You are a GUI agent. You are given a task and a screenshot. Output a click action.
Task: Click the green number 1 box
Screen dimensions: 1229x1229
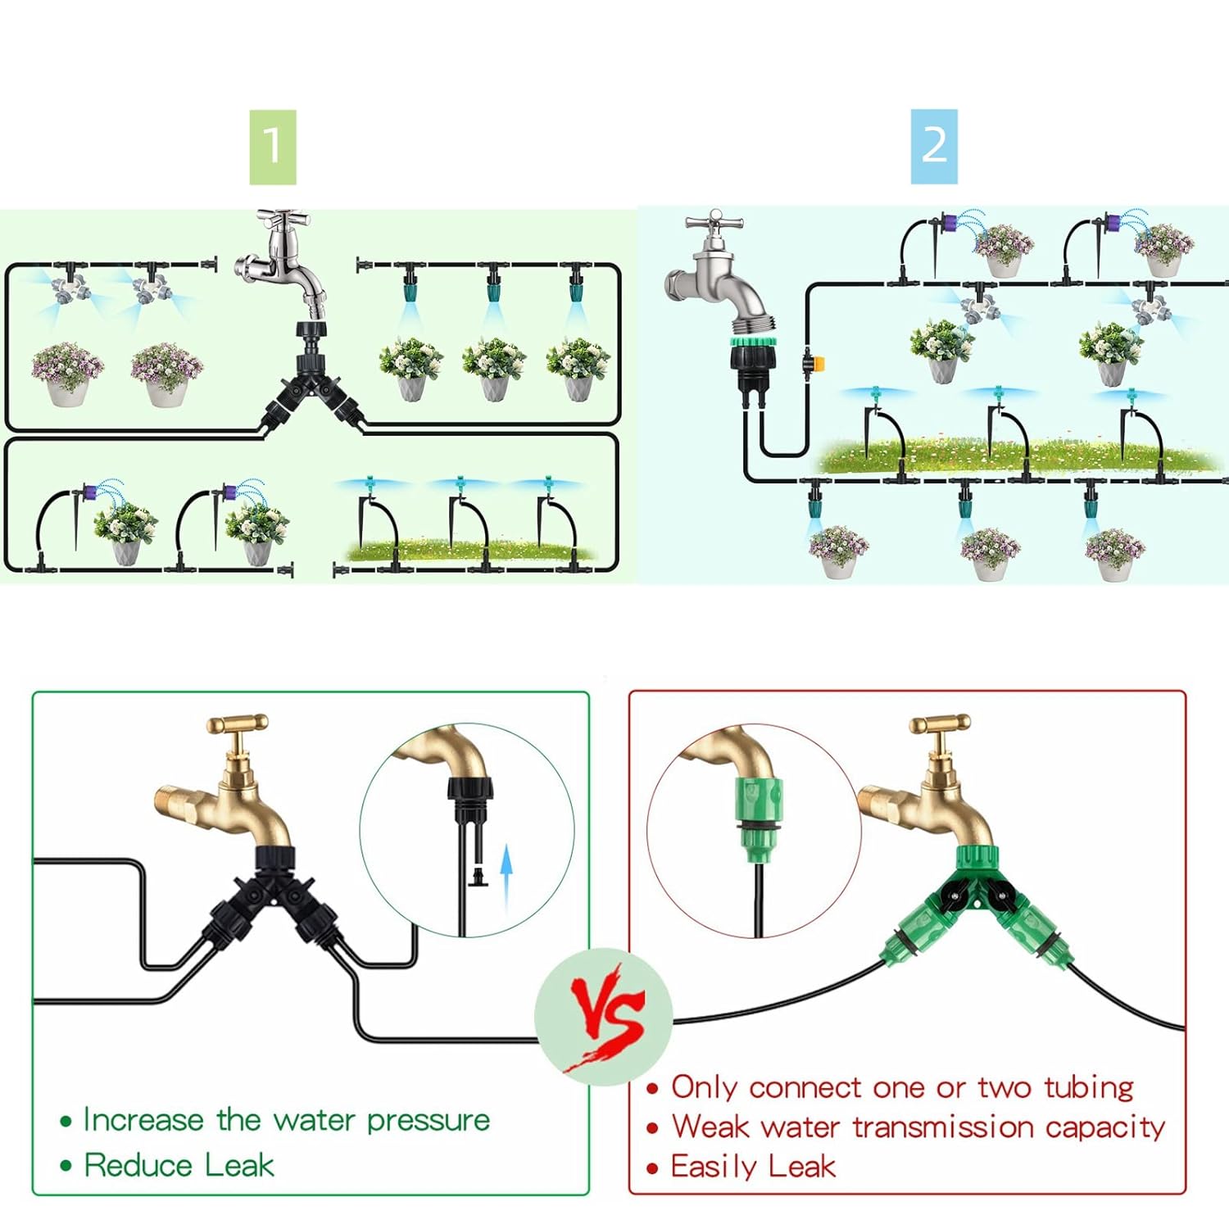pos(273,147)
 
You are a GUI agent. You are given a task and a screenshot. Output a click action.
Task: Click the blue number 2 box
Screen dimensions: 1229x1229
pos(934,147)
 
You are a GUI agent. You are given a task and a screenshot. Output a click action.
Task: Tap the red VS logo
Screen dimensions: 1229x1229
pos(606,1016)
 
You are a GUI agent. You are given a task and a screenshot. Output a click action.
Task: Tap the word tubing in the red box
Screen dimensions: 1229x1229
pos(1088,1088)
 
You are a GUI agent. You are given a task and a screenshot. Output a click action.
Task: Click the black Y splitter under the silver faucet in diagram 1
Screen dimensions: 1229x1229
pos(312,385)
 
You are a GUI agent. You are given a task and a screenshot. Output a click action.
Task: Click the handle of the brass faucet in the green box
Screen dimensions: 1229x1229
pos(238,725)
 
